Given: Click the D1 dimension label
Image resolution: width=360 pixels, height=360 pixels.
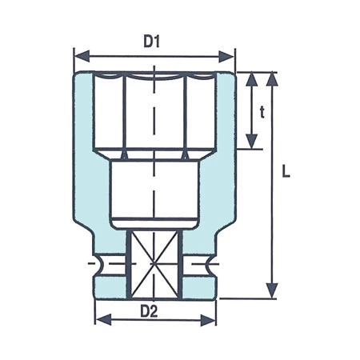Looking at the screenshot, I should click(x=153, y=42).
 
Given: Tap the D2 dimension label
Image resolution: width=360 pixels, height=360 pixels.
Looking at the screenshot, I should click(x=154, y=310).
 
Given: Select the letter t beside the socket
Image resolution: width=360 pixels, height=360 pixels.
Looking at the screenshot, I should click(x=261, y=112).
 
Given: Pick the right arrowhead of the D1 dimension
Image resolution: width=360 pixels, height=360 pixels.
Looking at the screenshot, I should click(x=230, y=56).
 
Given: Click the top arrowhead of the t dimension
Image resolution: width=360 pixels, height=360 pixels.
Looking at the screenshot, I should click(x=251, y=77).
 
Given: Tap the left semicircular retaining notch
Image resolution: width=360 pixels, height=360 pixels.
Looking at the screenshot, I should click(x=102, y=263).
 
